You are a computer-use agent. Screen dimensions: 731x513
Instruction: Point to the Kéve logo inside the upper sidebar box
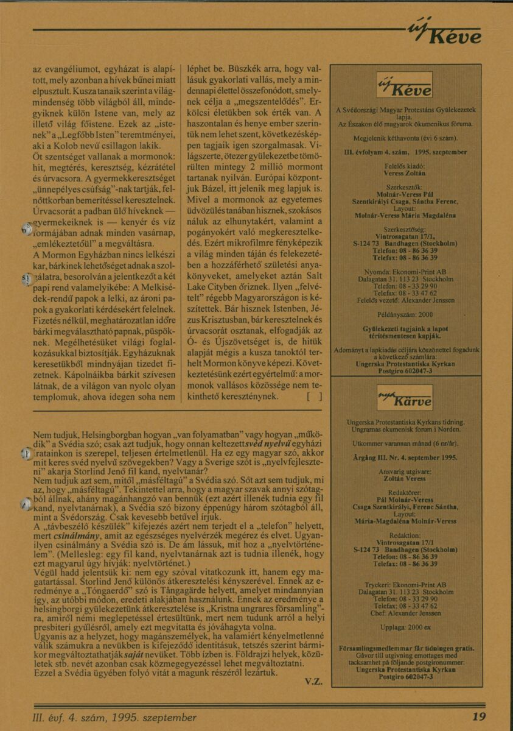(405, 85)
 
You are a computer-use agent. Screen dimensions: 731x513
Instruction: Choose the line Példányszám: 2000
(405, 314)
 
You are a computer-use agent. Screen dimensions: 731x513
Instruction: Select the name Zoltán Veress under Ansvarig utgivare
(405, 480)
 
